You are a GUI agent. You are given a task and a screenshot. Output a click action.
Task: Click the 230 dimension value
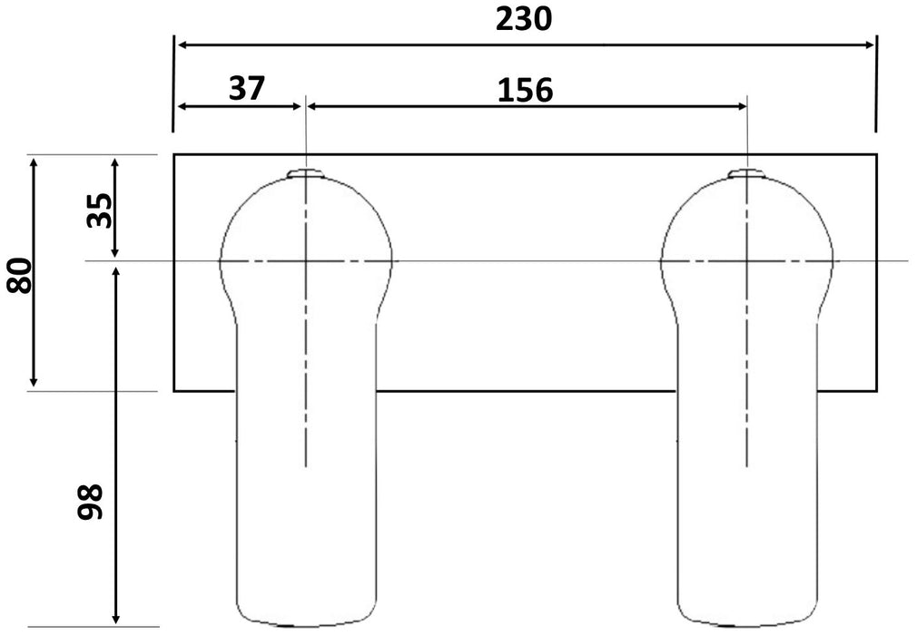pos(523,19)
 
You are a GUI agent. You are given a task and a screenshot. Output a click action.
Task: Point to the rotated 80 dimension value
pos(19,275)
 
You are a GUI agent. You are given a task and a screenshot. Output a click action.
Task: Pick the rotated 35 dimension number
pos(102,210)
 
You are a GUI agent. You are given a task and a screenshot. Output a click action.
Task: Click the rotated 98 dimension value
pos(92,501)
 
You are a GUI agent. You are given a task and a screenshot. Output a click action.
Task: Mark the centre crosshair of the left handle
pos(307,261)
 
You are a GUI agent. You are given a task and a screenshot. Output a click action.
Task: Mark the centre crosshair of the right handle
pos(746,261)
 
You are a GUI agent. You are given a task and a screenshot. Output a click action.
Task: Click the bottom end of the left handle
pos(307,625)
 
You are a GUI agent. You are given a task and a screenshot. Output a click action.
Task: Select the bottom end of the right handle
pos(746,625)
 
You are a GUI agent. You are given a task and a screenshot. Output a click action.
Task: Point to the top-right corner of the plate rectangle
pos(877,154)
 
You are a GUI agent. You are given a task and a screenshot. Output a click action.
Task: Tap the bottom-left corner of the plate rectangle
pos(174,391)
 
